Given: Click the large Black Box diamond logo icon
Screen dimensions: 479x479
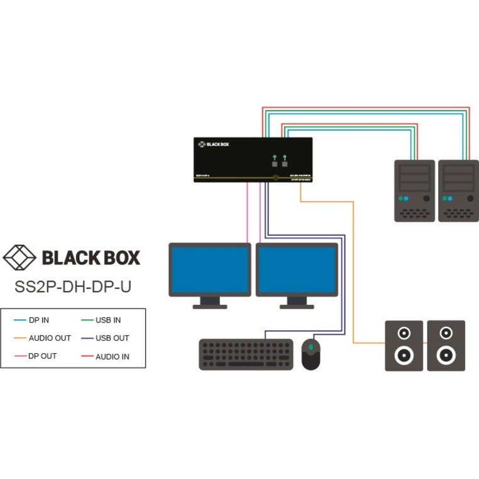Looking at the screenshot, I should click(20, 257).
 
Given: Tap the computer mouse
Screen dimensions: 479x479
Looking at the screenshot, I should click(311, 355).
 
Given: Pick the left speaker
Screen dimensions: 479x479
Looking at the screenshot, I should click(404, 345).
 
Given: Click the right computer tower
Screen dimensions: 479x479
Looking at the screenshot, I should click(458, 190).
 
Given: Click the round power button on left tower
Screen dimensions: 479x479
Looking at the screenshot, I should click(427, 199).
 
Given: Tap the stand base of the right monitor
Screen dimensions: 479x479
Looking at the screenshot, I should click(296, 306).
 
